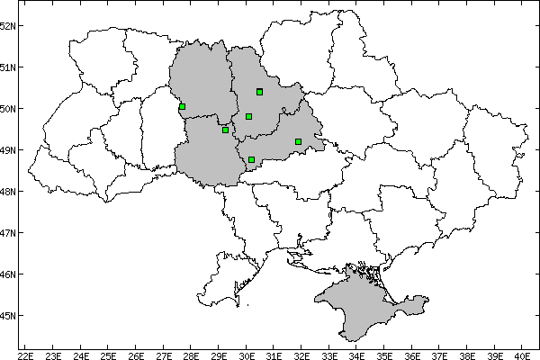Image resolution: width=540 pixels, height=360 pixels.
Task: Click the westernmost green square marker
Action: (x=182, y=107)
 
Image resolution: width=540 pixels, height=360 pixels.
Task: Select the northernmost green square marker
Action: (x=259, y=92)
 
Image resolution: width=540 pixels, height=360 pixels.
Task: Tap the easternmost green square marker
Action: (x=298, y=141)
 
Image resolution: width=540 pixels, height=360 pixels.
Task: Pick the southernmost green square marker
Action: (x=251, y=160)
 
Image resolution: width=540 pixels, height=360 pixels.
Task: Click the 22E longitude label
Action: (x=25, y=355)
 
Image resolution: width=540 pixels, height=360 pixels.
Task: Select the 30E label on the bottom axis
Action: (x=247, y=355)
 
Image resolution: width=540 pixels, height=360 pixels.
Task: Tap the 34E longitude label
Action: (x=357, y=355)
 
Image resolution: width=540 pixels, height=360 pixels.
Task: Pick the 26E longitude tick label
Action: (x=136, y=355)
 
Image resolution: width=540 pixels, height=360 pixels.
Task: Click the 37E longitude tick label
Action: (x=441, y=355)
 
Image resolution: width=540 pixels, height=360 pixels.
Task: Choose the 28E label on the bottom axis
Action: (x=192, y=355)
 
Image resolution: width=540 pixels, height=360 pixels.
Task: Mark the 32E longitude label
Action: (x=302, y=355)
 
